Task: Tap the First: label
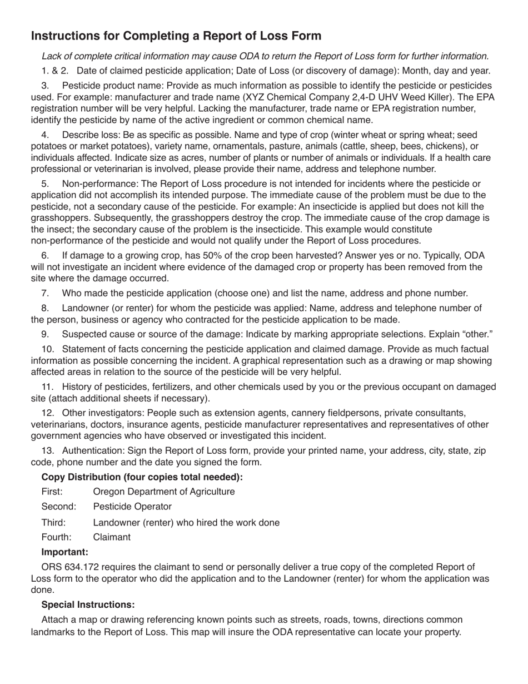52,492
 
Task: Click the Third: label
53,523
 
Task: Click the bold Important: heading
64,552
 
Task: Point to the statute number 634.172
81,567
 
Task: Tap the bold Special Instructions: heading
88,604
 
